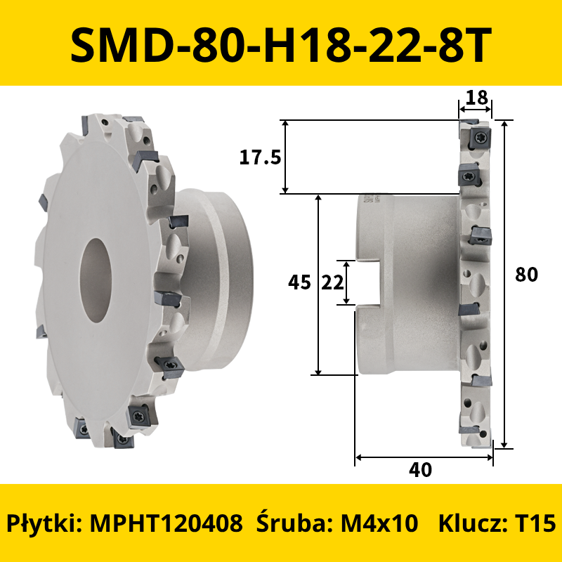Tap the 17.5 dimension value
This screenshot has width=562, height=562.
click(x=260, y=157)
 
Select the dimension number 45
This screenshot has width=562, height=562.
click(x=299, y=282)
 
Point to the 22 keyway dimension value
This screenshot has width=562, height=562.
click(x=332, y=283)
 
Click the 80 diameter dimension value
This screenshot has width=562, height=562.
click(x=526, y=275)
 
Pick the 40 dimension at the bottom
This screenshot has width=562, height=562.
click(x=420, y=469)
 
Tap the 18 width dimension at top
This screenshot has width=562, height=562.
click(x=477, y=97)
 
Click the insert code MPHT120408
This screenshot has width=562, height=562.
click(x=166, y=523)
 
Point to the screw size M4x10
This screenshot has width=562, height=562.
click(x=379, y=523)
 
